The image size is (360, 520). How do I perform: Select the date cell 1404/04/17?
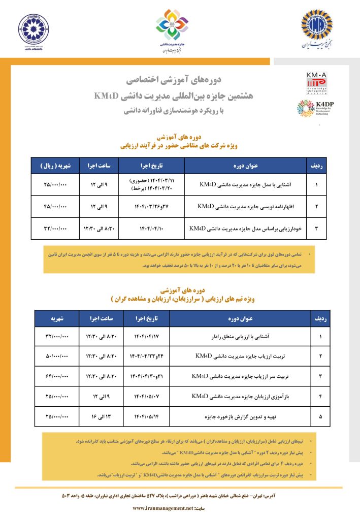pos(146,336)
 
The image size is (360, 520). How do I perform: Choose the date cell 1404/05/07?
pos(146,396)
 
